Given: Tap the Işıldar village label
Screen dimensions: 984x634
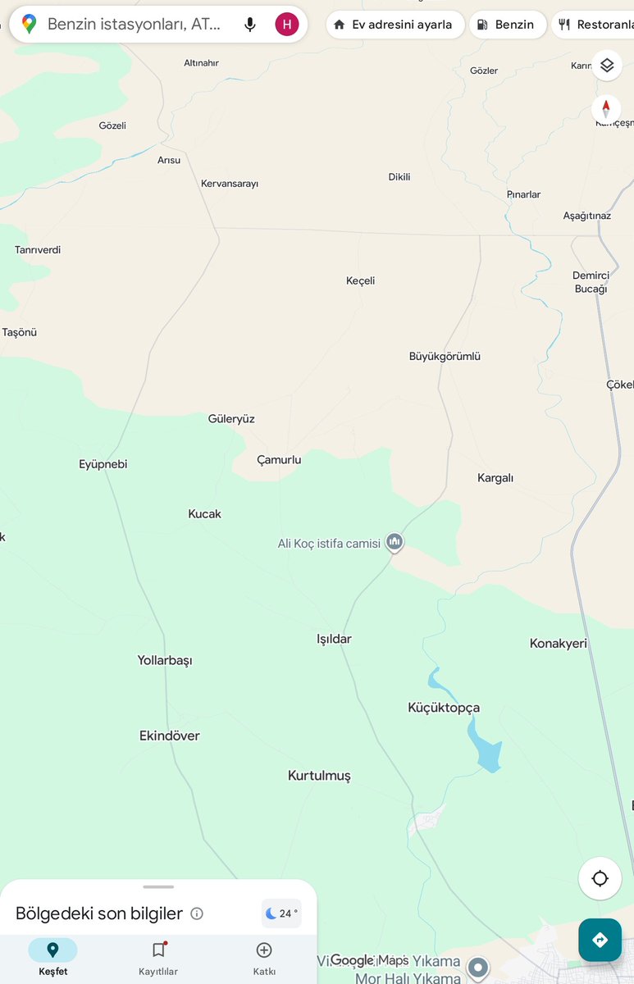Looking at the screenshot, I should click(x=334, y=639).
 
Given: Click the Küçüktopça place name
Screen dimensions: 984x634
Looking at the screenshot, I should click(x=444, y=708).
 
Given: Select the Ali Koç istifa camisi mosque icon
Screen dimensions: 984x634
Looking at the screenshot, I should click(x=395, y=541).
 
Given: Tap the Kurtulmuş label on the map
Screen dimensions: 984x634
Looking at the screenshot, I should click(x=319, y=776).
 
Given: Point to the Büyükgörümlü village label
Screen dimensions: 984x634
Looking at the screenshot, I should click(x=445, y=357).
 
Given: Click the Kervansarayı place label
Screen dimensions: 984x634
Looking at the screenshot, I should click(x=230, y=184).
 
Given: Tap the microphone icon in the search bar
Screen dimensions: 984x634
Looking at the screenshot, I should click(x=250, y=25).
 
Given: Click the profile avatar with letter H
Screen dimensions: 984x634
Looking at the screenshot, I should click(x=286, y=25).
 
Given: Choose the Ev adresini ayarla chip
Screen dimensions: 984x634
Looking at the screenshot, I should click(x=395, y=25).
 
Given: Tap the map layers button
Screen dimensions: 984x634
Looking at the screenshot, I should click(x=606, y=66).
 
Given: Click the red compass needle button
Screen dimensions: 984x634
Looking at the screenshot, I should click(x=606, y=108).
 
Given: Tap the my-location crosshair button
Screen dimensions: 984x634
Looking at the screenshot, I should click(x=600, y=878).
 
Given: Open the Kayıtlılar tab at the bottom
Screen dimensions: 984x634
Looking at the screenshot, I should click(x=158, y=958).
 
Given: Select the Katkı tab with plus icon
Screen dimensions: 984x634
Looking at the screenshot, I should click(x=264, y=958).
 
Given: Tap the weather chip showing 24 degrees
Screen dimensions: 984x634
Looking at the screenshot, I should click(x=281, y=913).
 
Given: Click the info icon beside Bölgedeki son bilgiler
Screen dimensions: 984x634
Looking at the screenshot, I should click(x=197, y=913).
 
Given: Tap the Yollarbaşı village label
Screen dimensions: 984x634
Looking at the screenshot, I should click(x=165, y=660).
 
